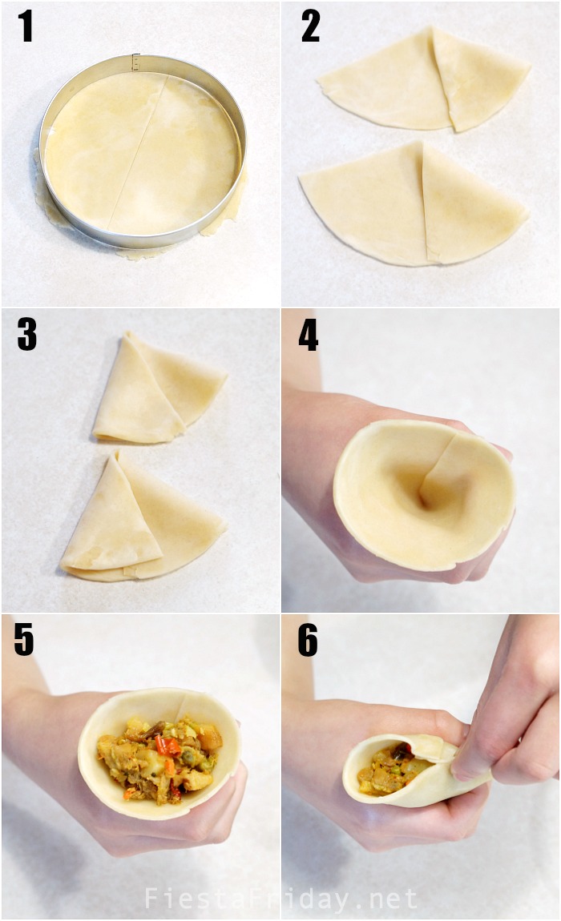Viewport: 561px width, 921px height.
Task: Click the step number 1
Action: [26, 27]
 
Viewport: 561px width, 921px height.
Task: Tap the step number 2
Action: [310, 27]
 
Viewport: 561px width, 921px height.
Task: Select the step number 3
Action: [26, 335]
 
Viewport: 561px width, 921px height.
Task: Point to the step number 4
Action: [309, 335]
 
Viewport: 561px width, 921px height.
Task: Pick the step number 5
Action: [24, 641]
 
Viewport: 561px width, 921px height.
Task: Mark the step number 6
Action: [308, 641]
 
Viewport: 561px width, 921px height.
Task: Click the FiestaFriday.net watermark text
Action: [280, 899]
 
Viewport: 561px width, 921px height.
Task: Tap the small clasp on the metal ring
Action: [135, 61]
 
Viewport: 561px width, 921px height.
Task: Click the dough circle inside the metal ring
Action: [143, 152]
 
